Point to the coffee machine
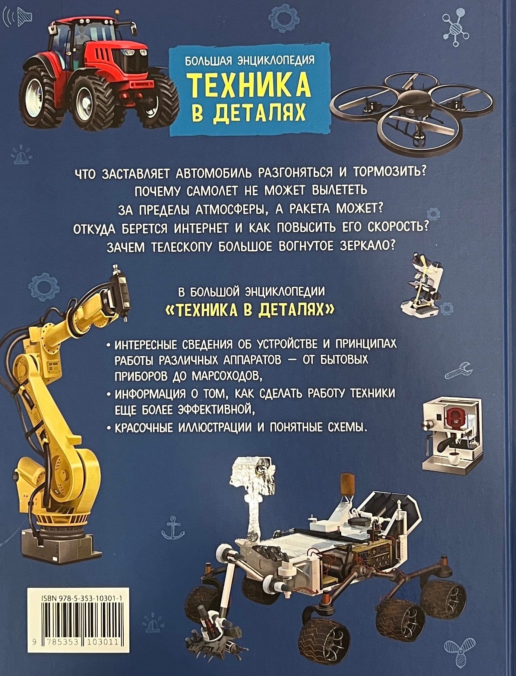coord(451,434)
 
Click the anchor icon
coord(173,527)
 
